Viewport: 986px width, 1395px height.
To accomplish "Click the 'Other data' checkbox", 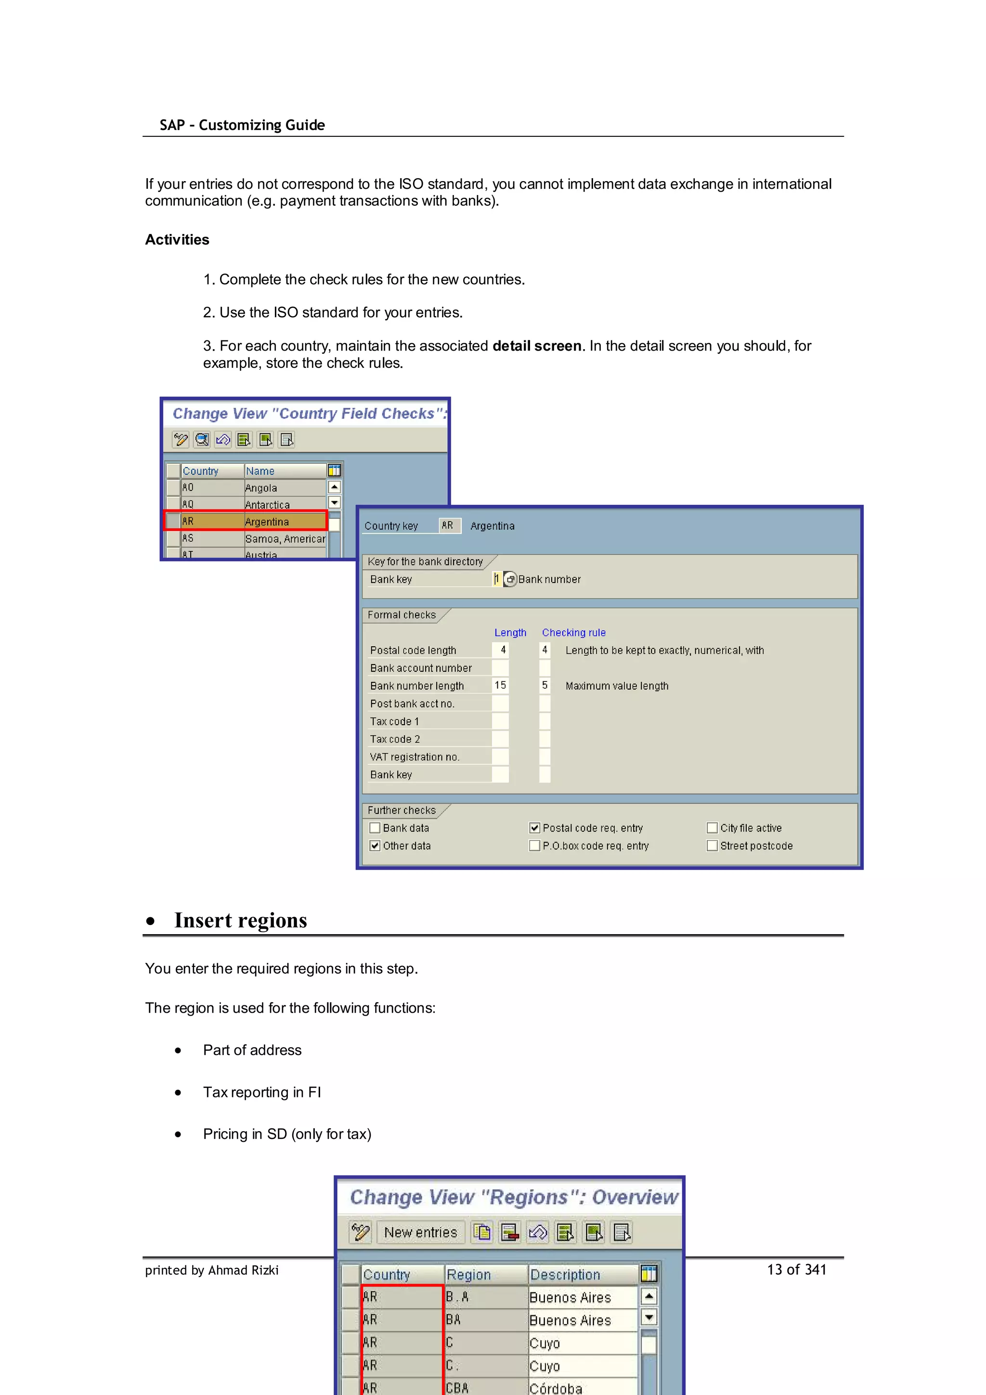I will click(375, 846).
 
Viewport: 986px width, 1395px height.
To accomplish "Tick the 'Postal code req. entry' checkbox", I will click(534, 828).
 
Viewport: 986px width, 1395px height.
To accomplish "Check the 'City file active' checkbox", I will click(712, 828).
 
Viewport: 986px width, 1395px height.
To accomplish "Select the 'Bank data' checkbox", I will click(375, 828).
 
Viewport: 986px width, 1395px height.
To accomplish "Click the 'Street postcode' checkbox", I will click(712, 846).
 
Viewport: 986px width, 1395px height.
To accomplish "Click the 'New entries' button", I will click(420, 1232).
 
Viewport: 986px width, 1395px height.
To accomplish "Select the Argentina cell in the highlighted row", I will click(285, 521).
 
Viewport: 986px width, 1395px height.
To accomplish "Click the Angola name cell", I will click(285, 488).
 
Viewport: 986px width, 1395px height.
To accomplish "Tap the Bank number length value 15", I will click(500, 685).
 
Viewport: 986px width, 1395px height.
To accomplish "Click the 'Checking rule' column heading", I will click(573, 632).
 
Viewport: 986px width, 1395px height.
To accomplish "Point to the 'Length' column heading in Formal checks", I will click(510, 632).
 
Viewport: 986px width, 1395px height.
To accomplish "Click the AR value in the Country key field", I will click(448, 525).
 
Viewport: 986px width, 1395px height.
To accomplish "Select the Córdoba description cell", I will click(582, 1388).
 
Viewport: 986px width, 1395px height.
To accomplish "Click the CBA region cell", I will click(485, 1388).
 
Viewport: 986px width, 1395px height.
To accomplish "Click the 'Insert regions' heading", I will click(241, 921).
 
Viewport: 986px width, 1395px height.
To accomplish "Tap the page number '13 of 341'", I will click(796, 1270).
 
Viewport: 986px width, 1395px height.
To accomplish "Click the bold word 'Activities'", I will click(177, 240).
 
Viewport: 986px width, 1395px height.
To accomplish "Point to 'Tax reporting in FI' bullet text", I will click(262, 1093).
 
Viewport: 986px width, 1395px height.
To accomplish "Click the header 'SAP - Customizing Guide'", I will click(242, 125).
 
